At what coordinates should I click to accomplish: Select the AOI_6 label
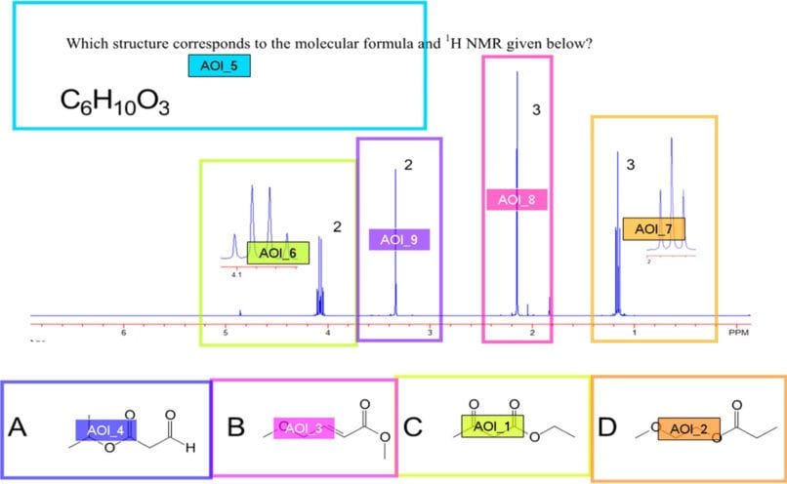pos(277,254)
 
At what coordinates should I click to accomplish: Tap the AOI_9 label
pos(399,238)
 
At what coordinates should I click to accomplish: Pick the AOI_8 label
pos(517,200)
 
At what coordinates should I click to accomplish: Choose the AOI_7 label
pos(653,229)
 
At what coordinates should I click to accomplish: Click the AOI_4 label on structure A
pos(105,429)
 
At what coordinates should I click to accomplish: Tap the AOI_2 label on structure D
pos(688,427)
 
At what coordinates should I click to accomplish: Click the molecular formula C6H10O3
pos(114,101)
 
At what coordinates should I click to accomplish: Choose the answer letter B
pos(235,427)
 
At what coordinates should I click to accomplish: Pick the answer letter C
pos(412,427)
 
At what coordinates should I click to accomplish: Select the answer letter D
pos(607,427)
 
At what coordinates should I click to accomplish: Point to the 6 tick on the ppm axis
pos(124,334)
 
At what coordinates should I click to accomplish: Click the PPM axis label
pos(738,334)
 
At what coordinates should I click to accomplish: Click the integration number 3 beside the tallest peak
pos(536,109)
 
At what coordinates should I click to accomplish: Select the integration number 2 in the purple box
pos(408,165)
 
